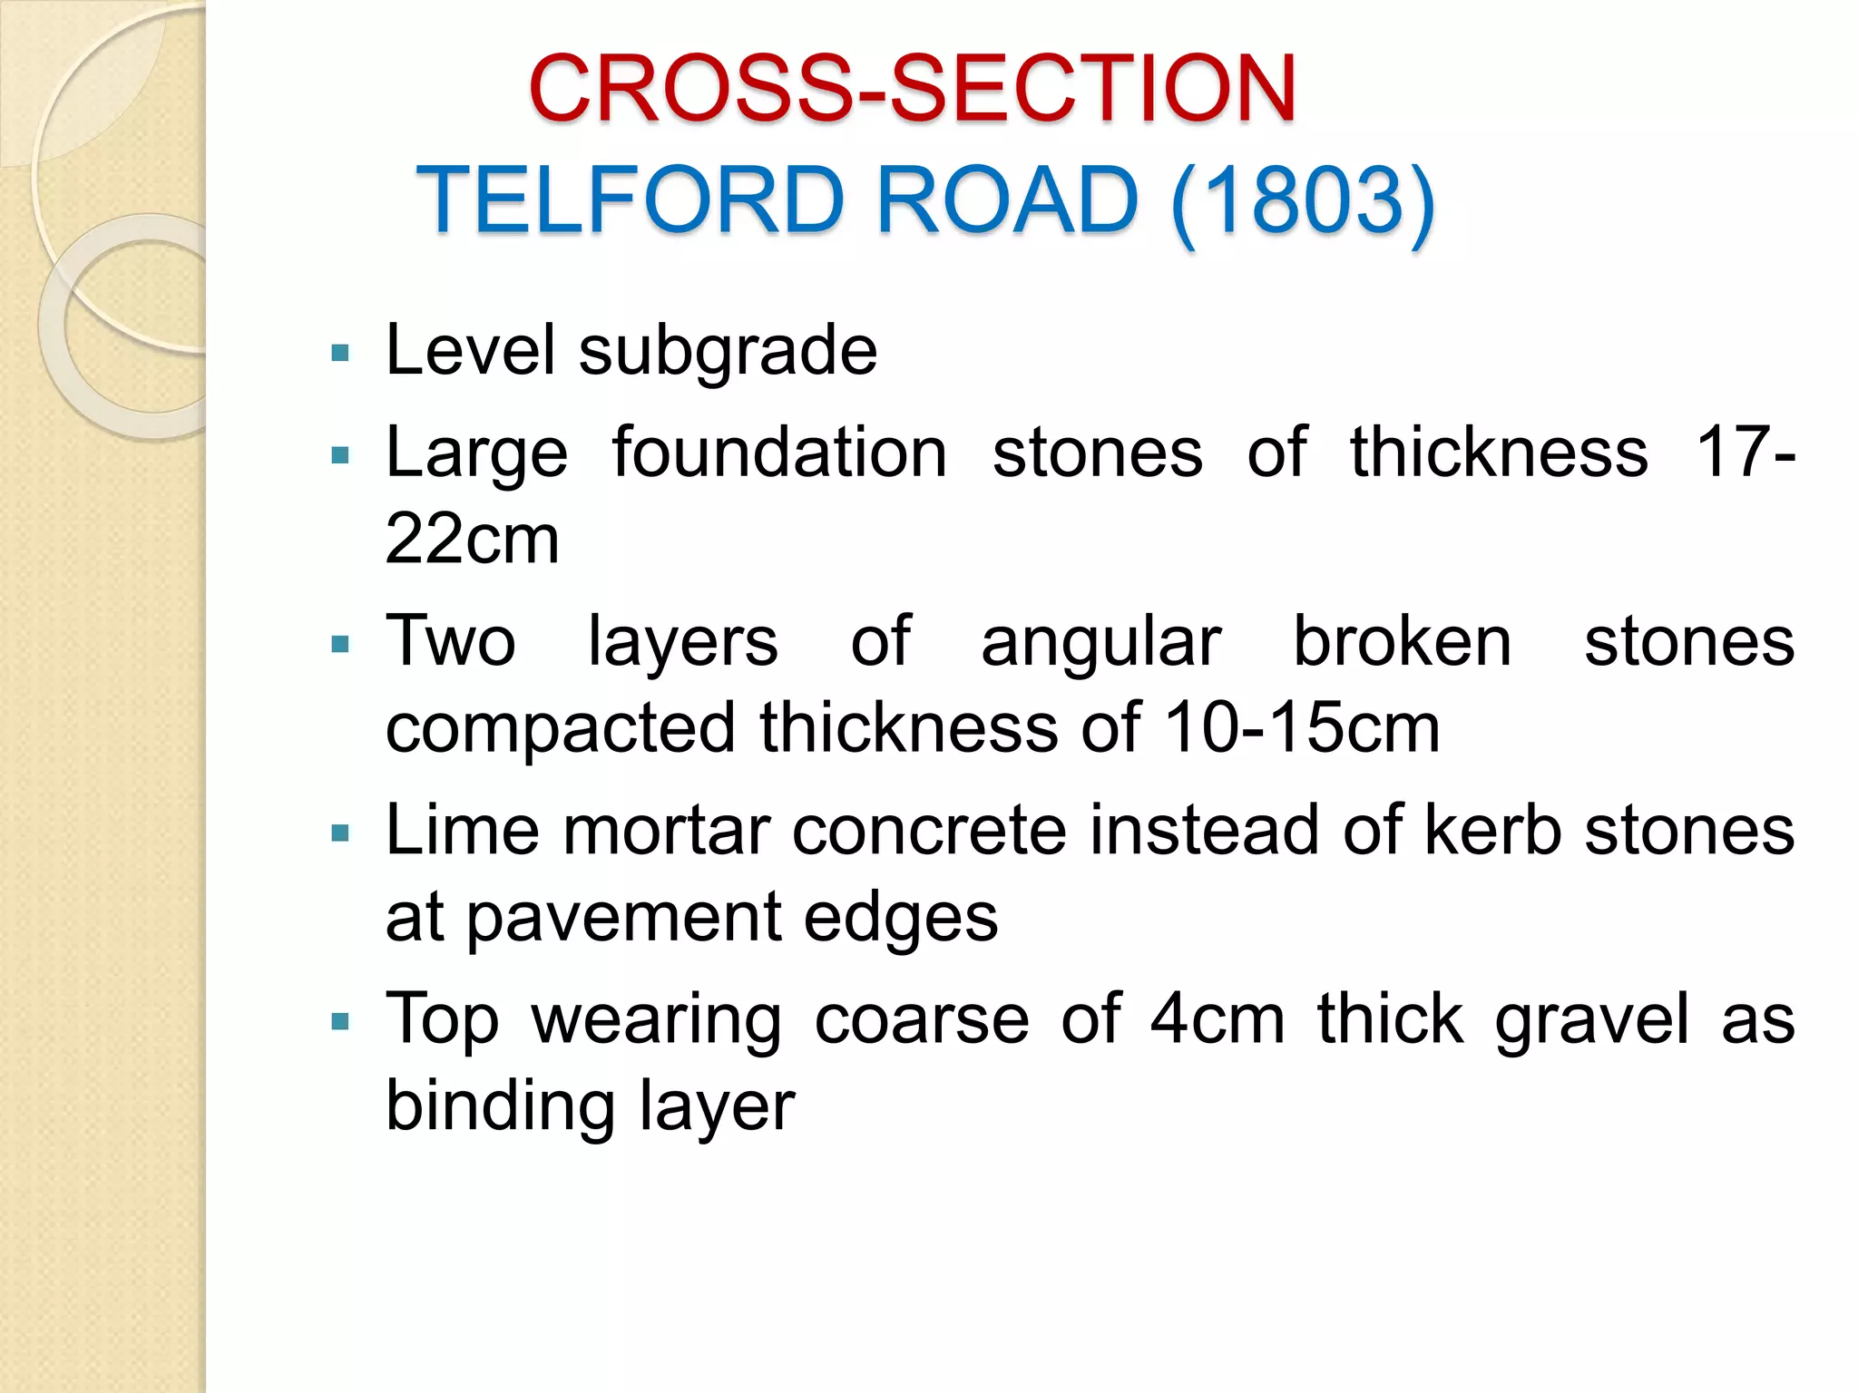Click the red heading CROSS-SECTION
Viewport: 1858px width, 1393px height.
912,88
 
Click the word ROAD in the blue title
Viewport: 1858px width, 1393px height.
1007,200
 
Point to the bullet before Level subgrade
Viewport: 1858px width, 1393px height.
341,353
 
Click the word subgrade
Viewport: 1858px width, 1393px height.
728,352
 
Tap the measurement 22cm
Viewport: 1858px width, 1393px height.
472,539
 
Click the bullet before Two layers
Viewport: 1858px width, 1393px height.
341,645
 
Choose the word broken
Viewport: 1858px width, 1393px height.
1402,640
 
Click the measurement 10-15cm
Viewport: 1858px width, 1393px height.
1301,727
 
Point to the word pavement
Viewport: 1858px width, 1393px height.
624,917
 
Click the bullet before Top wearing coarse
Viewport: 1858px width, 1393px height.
341,1023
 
